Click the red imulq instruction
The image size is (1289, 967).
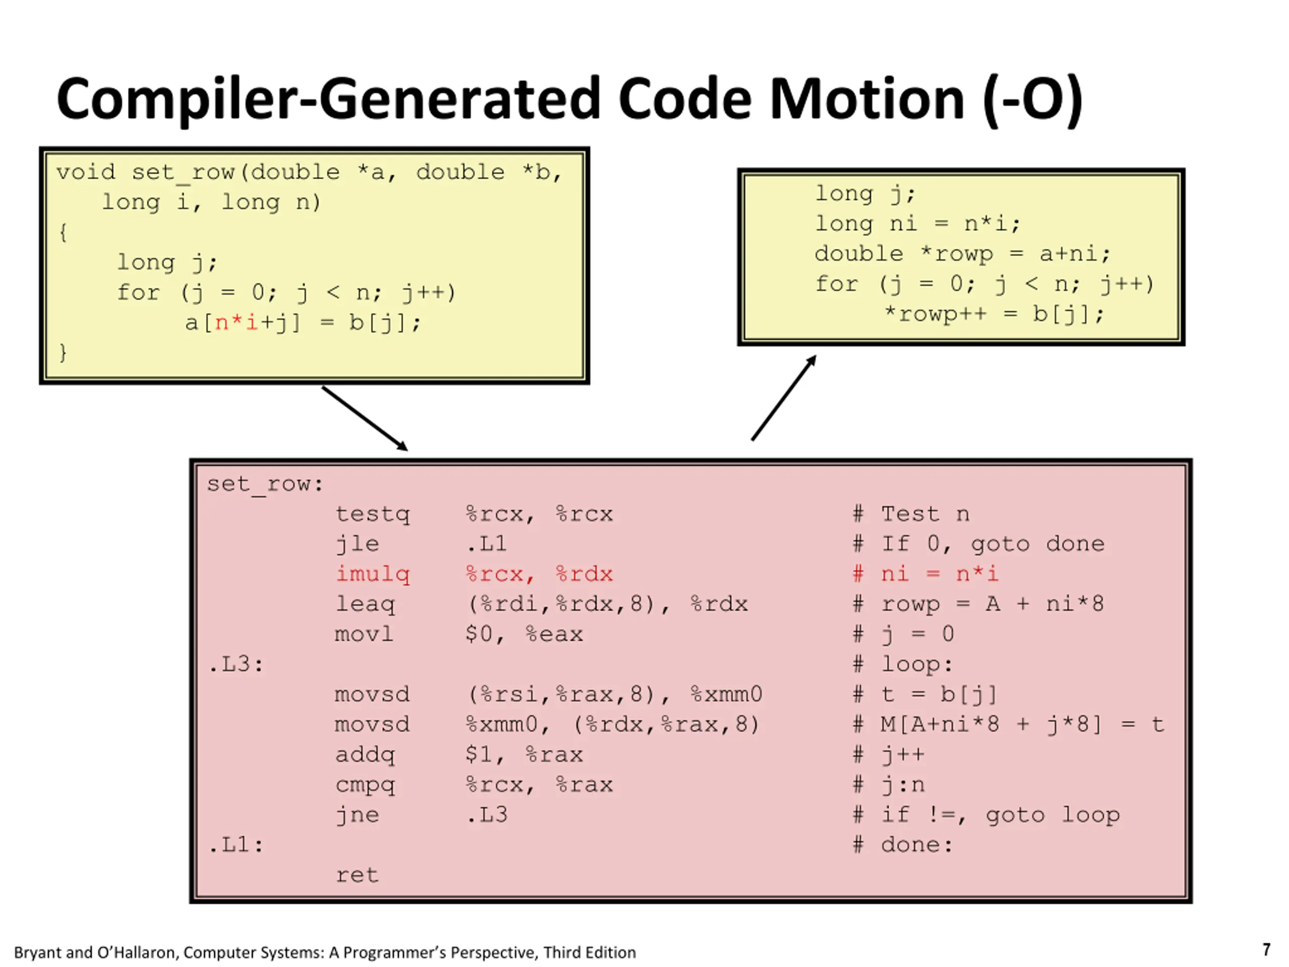click(373, 574)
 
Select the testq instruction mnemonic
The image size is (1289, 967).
click(373, 514)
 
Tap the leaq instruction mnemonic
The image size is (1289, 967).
click(365, 604)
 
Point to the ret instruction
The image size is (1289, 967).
click(357, 875)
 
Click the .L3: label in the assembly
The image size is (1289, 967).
click(236, 664)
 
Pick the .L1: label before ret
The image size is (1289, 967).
click(236, 845)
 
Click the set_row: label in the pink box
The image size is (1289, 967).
click(264, 484)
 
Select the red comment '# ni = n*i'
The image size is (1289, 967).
click(925, 574)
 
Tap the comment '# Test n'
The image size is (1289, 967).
click(911, 514)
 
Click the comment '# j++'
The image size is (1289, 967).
click(889, 755)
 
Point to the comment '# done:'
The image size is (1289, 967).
click(903, 845)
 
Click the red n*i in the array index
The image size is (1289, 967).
click(236, 322)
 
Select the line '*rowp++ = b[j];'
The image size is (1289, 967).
click(993, 314)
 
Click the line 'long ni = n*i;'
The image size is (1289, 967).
click(917, 224)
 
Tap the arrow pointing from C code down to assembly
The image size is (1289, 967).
click(365, 418)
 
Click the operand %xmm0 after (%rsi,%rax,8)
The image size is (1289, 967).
click(726, 694)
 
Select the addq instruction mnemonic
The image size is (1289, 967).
click(365, 755)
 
